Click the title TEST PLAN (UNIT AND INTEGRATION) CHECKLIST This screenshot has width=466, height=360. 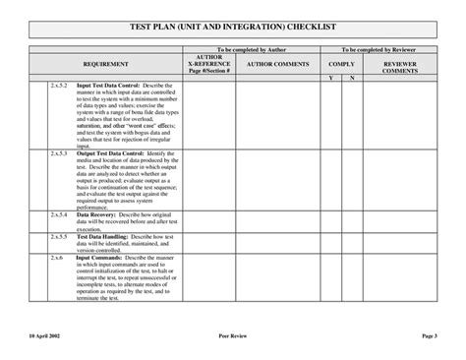[x=233, y=30]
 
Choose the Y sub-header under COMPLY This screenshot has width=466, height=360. [x=330, y=77]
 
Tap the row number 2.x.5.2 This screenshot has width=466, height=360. [x=59, y=86]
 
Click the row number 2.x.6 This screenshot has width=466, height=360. [x=56, y=258]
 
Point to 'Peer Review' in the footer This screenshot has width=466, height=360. [x=232, y=335]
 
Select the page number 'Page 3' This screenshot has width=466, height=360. [x=429, y=335]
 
